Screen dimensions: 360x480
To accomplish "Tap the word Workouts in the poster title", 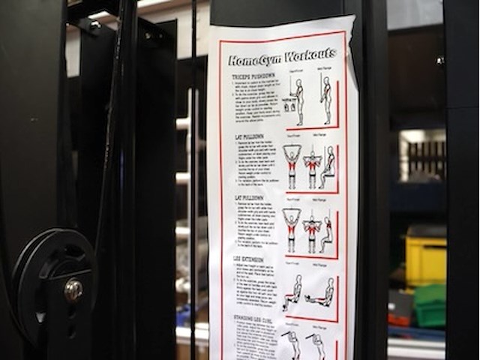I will click(309, 55).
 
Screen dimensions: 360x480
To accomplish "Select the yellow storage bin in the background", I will click(425, 259).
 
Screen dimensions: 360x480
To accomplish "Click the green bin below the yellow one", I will click(430, 304).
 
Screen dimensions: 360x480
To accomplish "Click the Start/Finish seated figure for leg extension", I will click(292, 292).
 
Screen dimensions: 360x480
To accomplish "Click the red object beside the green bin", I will click(398, 319).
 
